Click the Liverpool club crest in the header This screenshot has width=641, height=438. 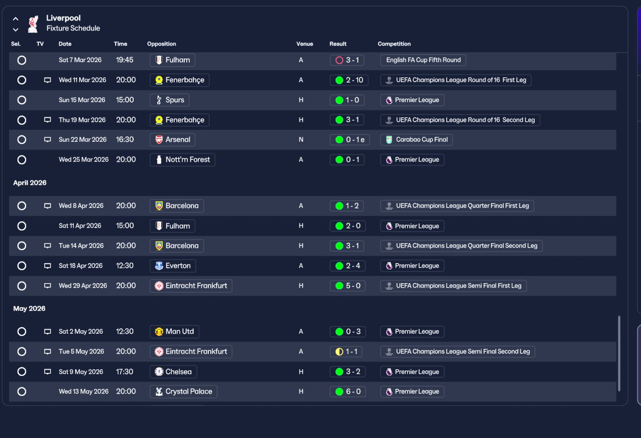click(x=33, y=24)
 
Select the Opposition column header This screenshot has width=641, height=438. click(x=162, y=44)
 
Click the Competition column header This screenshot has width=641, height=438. click(x=394, y=44)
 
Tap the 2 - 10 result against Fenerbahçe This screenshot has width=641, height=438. click(x=349, y=80)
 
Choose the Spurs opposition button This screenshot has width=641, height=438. click(x=169, y=100)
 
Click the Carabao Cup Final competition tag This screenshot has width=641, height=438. click(x=416, y=140)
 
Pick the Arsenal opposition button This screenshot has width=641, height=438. click(x=172, y=140)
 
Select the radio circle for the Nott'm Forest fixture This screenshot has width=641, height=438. click(x=22, y=160)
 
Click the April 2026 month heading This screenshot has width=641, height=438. click(x=30, y=182)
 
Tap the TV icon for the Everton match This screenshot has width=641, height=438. click(x=48, y=266)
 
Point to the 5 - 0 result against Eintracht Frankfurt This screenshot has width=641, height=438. click(x=348, y=286)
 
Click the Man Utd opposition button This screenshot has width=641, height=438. click(x=174, y=331)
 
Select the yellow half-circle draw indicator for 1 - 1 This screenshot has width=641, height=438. click(x=339, y=351)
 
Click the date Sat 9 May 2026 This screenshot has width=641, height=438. click(x=81, y=371)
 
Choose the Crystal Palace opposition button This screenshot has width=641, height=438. click(x=183, y=391)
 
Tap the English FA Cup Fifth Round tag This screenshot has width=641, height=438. click(x=423, y=60)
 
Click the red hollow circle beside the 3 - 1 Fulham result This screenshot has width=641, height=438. click(x=339, y=60)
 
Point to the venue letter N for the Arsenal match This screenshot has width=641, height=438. click(x=301, y=140)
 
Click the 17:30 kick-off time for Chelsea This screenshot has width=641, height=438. click(x=125, y=371)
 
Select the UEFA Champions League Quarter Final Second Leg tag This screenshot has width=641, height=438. click(x=461, y=246)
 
